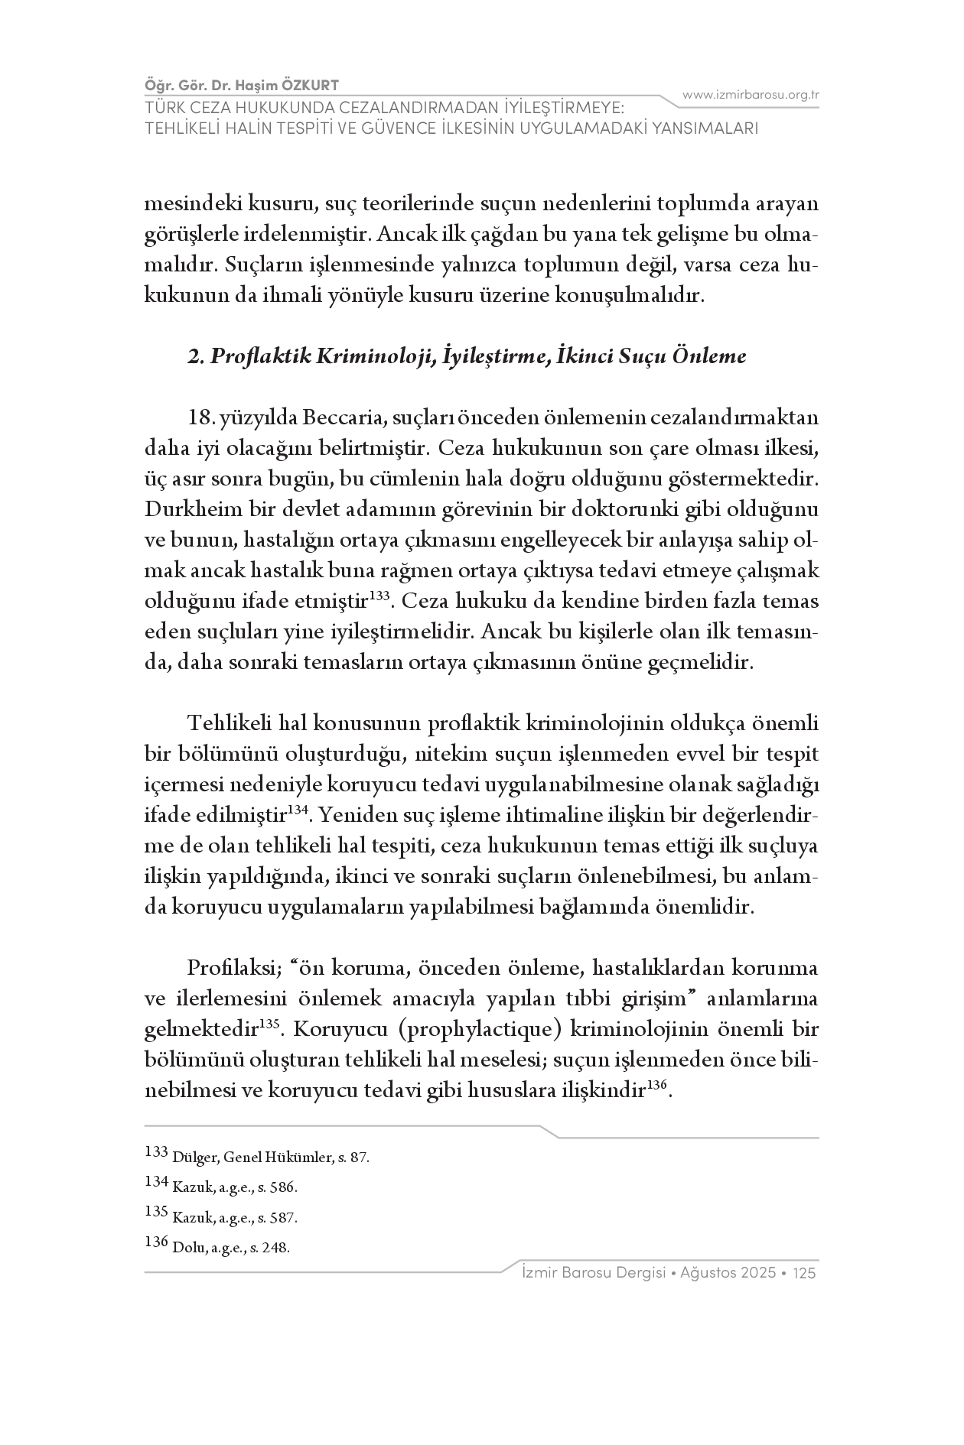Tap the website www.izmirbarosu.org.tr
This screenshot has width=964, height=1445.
[x=751, y=95]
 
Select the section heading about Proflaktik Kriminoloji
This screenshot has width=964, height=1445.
[x=467, y=356]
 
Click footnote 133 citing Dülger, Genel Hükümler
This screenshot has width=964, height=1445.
[x=256, y=1157]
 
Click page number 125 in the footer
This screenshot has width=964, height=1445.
[x=806, y=1273]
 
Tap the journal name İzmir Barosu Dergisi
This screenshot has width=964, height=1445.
[x=592, y=1273]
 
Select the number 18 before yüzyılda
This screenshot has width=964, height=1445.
[x=200, y=418]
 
